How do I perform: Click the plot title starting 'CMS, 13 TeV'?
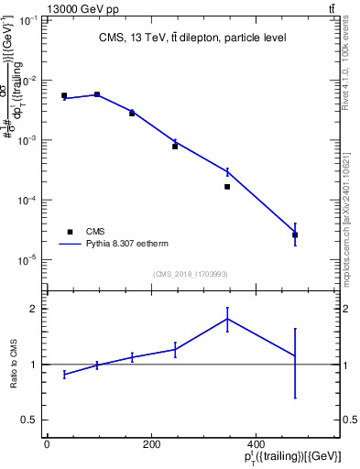pos(193,38)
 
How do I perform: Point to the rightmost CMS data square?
pos(295,234)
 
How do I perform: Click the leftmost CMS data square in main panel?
pos(64,95)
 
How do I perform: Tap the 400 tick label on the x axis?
pos(253,445)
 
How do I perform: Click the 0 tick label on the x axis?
pos(47,445)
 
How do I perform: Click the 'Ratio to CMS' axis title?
pos(13,365)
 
